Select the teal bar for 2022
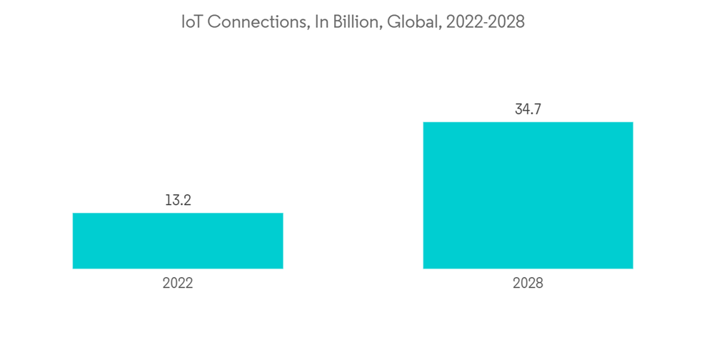coord(178,241)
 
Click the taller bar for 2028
coord(528,195)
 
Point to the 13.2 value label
coord(178,200)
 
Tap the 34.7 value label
coord(528,109)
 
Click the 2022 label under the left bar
coord(178,283)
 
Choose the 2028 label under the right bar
coord(528,283)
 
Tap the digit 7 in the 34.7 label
coord(537,109)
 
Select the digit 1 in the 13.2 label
coord(168,200)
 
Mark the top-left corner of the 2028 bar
coord(423,123)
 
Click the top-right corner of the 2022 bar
coord(283,214)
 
